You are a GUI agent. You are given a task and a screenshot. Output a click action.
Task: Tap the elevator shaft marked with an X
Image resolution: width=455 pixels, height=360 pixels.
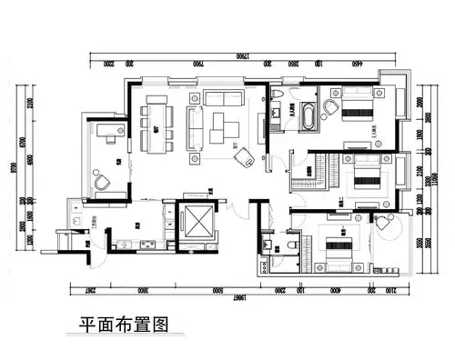point(196,218)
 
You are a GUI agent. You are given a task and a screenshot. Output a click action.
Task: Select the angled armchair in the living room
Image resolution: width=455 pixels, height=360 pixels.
point(243,157)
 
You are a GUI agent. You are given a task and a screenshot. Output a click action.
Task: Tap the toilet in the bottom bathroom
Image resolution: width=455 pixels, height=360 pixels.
point(291,245)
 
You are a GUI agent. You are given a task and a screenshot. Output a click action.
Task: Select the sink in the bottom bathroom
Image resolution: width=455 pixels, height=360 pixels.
point(267,245)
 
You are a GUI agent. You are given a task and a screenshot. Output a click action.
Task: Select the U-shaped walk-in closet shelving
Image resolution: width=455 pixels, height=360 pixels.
point(304,170)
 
